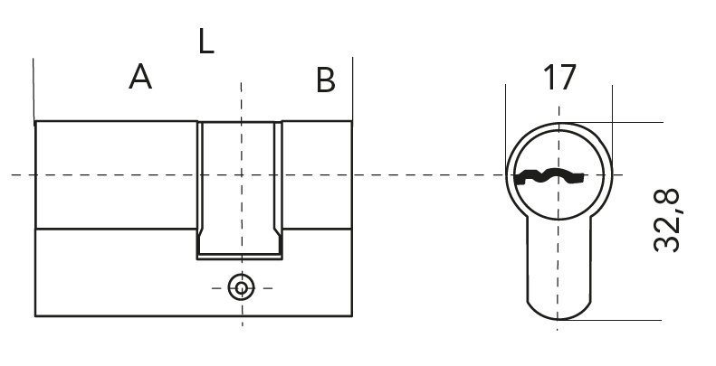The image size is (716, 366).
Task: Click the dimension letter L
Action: click(x=206, y=41)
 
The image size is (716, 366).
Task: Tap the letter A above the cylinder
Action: click(x=140, y=78)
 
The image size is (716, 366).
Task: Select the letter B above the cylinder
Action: click(x=326, y=80)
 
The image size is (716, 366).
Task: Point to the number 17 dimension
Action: click(x=558, y=78)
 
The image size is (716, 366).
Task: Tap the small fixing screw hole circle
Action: click(x=241, y=287)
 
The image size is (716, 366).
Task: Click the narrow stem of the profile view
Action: click(x=558, y=262)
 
